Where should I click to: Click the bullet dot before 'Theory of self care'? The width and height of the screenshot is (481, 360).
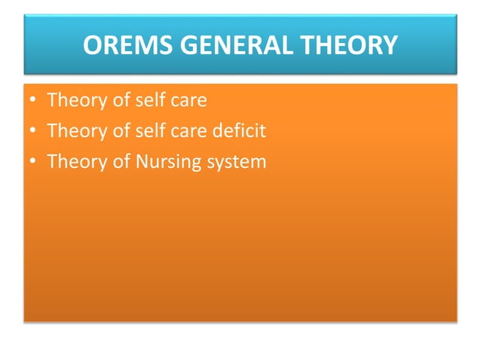pyautogui.click(x=33, y=100)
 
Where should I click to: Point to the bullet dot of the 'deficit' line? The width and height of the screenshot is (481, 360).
pyautogui.click(x=33, y=131)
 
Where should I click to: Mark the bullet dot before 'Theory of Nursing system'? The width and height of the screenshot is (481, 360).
pyautogui.click(x=33, y=162)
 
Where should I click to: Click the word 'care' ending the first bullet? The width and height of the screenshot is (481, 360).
pyautogui.click(x=189, y=100)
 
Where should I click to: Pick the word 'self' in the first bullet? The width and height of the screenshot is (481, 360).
pyautogui.click(x=150, y=100)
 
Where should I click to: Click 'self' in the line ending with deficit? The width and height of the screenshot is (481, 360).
pyautogui.click(x=150, y=131)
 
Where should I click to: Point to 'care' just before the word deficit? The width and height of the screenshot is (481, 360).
pyautogui.click(x=189, y=131)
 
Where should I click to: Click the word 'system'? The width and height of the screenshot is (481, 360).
pyautogui.click(x=237, y=163)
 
